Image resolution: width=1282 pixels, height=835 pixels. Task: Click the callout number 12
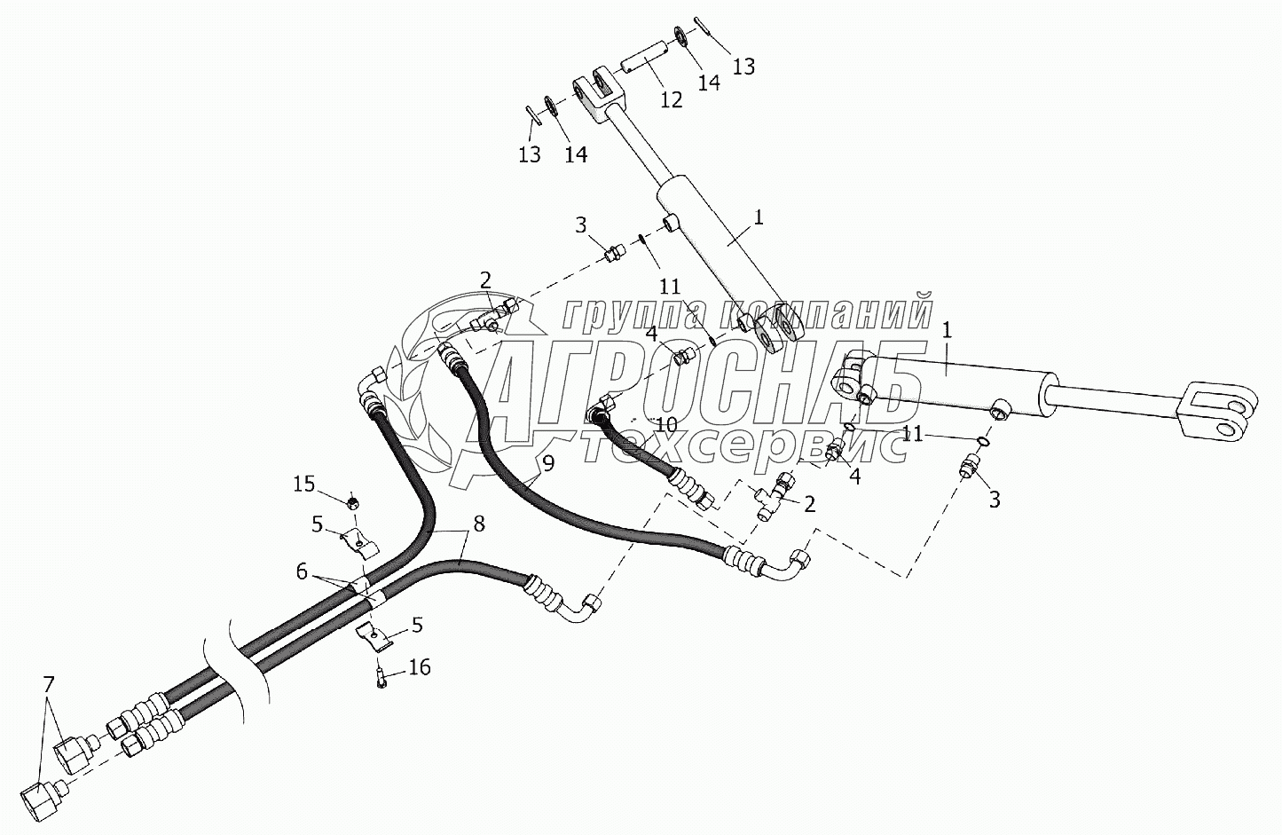coord(672,100)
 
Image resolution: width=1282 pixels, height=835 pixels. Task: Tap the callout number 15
coord(304,484)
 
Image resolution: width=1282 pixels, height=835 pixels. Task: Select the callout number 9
coord(547,462)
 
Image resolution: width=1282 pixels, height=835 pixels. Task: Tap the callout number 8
coord(478,523)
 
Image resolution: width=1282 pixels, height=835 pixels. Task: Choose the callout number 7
coord(49,683)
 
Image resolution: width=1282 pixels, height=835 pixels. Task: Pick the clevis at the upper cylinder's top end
coord(596,95)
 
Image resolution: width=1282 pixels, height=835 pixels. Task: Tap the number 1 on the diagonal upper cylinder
coord(759,217)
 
